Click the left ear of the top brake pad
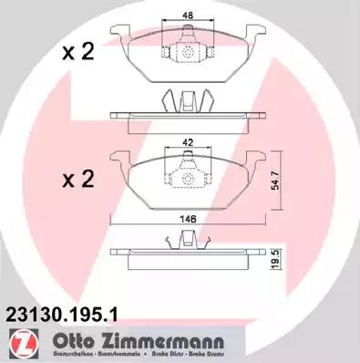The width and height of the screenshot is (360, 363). pos(118,39)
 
